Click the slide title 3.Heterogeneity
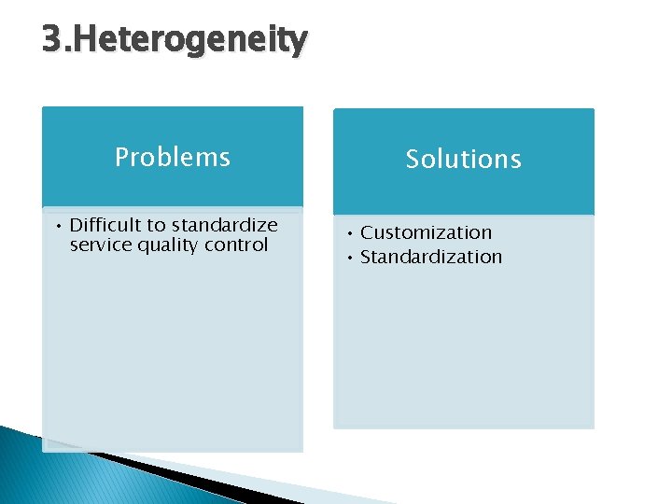175,40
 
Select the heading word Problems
172,157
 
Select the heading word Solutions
463,160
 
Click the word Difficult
105,225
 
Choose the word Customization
426,232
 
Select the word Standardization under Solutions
431,257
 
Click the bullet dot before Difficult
58,226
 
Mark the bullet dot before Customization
348,233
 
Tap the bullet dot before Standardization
348,258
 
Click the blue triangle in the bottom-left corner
37,471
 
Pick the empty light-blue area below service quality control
172,355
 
